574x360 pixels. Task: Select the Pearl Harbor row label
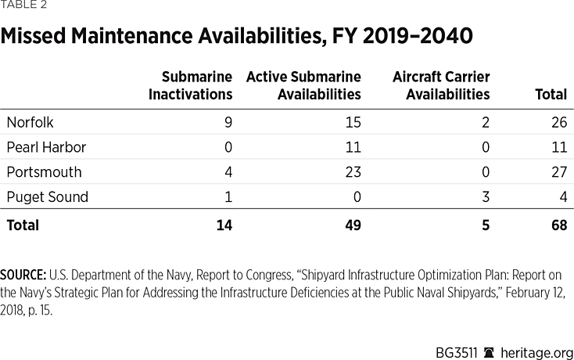(x=45, y=147)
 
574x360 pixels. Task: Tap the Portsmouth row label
(x=44, y=172)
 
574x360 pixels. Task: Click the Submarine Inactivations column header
(x=196, y=85)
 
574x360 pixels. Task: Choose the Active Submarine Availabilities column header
(x=303, y=85)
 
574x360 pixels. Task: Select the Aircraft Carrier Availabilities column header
(x=441, y=85)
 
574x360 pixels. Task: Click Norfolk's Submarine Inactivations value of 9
(x=228, y=122)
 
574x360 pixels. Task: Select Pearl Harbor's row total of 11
(x=559, y=147)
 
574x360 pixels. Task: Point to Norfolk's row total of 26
(x=558, y=122)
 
